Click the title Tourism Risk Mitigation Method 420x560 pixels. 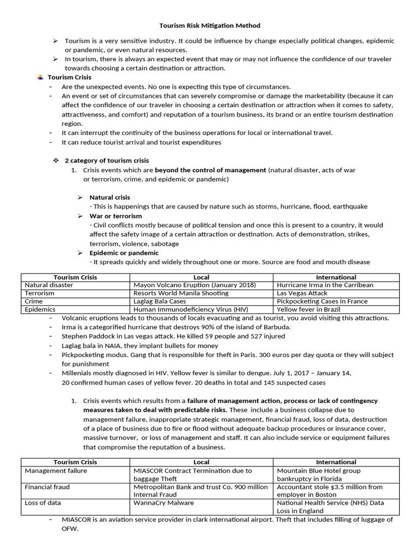pos(210,25)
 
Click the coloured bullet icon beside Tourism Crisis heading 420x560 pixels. pos(40,77)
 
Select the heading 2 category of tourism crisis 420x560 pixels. pos(107,161)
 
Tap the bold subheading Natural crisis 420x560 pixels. pos(110,197)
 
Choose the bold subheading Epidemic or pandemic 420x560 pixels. pos(124,253)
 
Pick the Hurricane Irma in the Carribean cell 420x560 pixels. pos(325,285)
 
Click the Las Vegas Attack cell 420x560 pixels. pos(302,293)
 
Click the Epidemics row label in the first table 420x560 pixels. pos(40,309)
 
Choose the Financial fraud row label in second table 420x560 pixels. pos(47,487)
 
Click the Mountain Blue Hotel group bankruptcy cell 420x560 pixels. pos(319,474)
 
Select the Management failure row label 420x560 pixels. pos(56,470)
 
